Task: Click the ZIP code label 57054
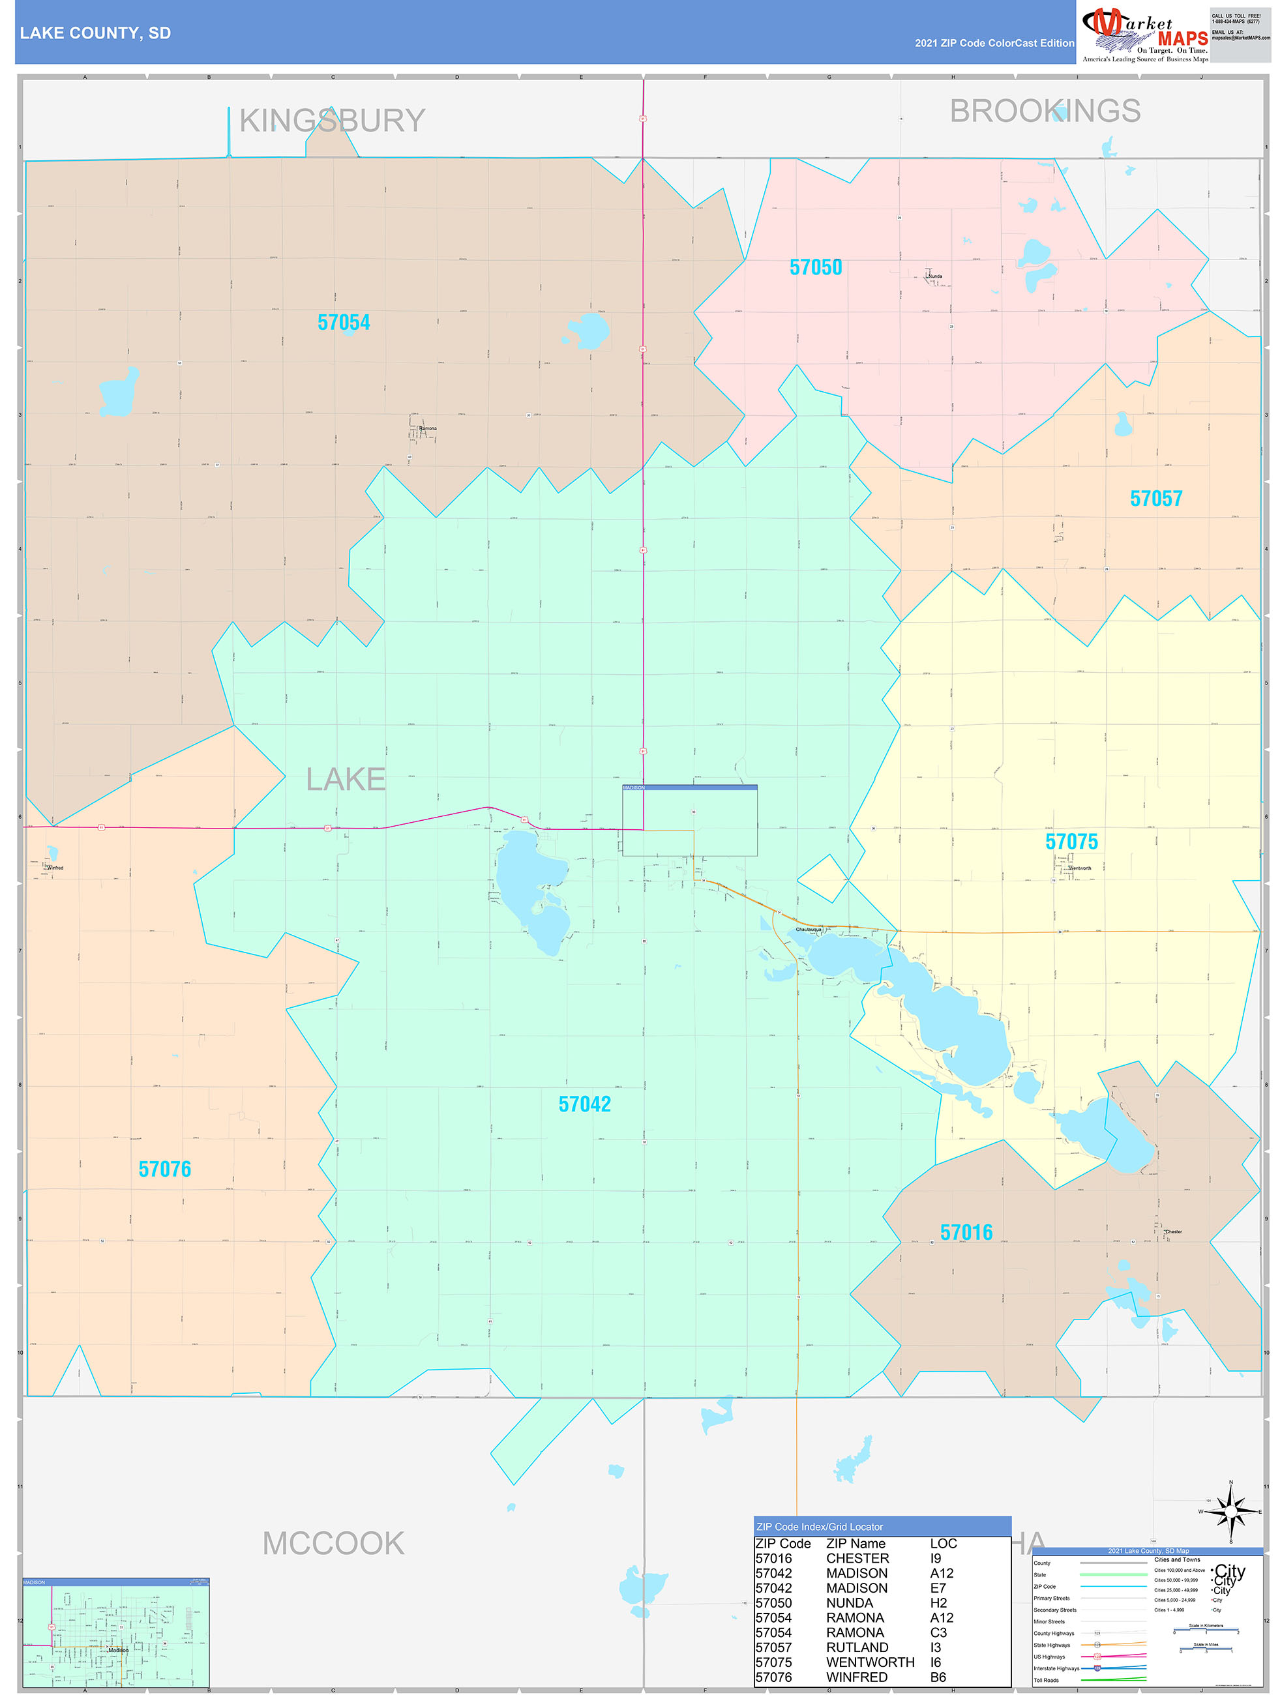[344, 323]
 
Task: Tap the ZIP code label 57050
[816, 267]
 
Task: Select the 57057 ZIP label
[1156, 499]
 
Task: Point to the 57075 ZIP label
[1071, 842]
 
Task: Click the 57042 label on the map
[585, 1104]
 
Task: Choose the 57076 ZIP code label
[165, 1170]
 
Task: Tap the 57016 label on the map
[966, 1232]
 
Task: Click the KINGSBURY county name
[332, 121]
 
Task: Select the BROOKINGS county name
[1045, 111]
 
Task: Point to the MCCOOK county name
[333, 1542]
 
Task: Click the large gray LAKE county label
[346, 779]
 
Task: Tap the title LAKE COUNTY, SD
[95, 33]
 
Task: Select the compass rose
[1230, 1511]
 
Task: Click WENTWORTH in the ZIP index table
[870, 1662]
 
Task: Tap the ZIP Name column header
[856, 1543]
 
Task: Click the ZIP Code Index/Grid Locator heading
[820, 1526]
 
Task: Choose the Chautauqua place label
[808, 930]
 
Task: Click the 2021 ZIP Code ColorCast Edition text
[994, 43]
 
